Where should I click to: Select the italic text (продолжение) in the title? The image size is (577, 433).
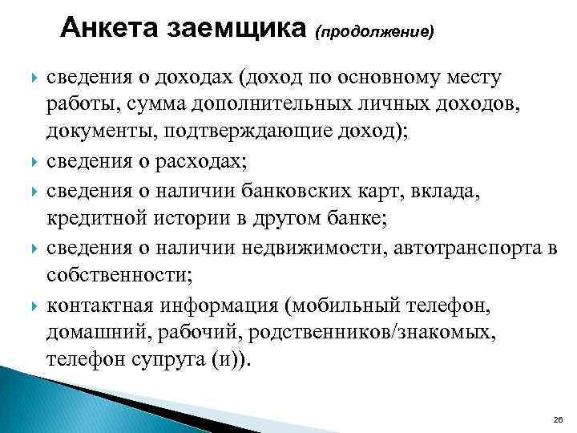tap(375, 33)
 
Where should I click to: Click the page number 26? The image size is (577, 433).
tap(558, 419)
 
